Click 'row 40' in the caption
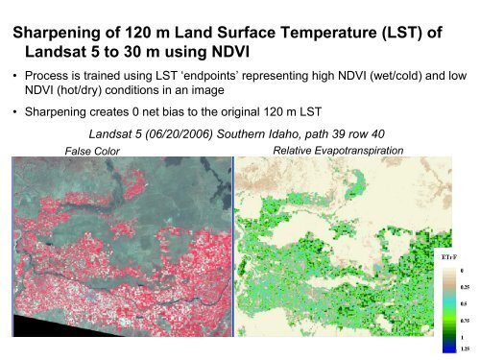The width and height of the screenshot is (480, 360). [x=398, y=135]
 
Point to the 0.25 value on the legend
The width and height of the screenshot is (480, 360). [x=466, y=286]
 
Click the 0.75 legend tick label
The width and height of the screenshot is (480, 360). [x=466, y=321]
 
